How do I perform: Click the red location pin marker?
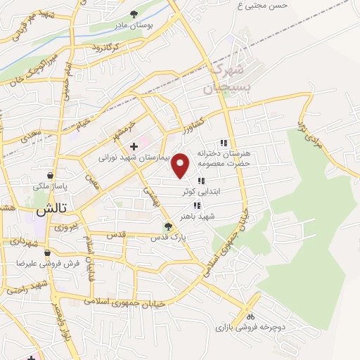tap(181, 164)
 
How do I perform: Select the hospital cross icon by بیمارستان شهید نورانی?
tap(134, 146)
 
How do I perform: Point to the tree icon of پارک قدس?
tap(167, 226)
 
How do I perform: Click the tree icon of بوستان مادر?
tap(134, 13)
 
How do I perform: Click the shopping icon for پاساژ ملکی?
tap(50, 175)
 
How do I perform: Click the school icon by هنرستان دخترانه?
tap(224, 143)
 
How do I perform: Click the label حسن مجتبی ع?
tap(262, 6)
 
